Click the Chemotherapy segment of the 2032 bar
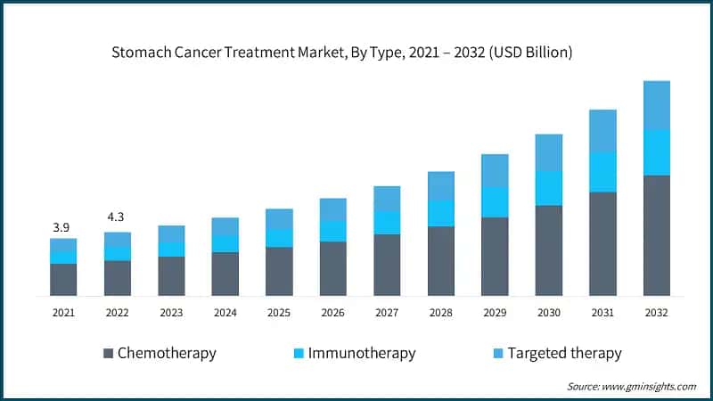tap(657, 235)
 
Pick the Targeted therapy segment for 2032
tap(657, 105)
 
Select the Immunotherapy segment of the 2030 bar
tap(548, 188)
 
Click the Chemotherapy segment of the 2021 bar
tap(63, 279)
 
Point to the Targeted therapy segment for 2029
tap(495, 170)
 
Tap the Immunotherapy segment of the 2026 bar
tap(332, 230)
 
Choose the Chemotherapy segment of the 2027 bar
tap(387, 265)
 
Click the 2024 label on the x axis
tap(225, 313)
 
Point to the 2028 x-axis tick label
tap(441, 313)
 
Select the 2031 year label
tap(602, 313)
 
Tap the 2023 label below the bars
tap(171, 313)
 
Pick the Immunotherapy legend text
tap(362, 353)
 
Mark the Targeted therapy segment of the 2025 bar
tap(279, 218)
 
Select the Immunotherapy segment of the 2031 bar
tap(602, 172)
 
